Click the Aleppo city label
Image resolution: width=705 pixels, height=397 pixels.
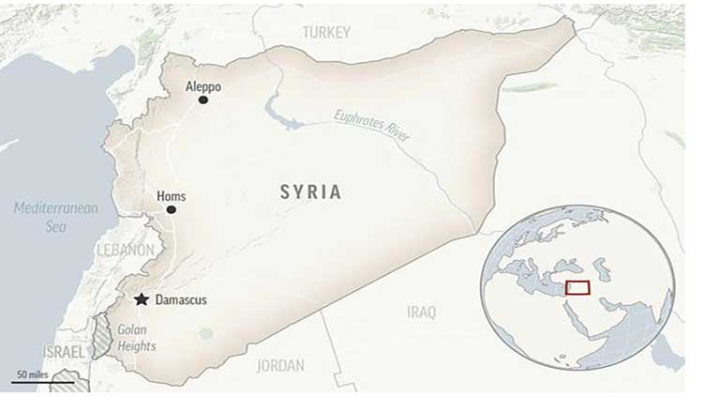coord(203,86)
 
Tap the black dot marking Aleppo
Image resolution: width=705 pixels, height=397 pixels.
coord(203,99)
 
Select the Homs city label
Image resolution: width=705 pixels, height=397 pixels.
coord(171,196)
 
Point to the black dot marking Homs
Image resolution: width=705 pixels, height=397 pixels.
coord(171,209)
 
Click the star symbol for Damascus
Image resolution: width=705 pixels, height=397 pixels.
coord(141,299)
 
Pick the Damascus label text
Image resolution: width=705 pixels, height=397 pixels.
coord(181,300)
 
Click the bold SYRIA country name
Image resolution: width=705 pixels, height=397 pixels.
coord(310,192)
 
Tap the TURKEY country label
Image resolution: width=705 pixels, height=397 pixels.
coord(326,33)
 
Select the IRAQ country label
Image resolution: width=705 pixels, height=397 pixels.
coord(421,313)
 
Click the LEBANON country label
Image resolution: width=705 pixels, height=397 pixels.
coord(125,251)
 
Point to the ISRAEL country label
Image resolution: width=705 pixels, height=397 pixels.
coord(65,351)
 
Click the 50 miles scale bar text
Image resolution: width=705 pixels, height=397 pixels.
coord(32,374)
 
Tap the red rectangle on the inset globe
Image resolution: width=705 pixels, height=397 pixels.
coord(577,287)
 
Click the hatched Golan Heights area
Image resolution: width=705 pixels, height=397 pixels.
coord(102,337)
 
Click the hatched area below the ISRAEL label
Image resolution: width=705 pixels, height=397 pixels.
coord(65,381)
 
